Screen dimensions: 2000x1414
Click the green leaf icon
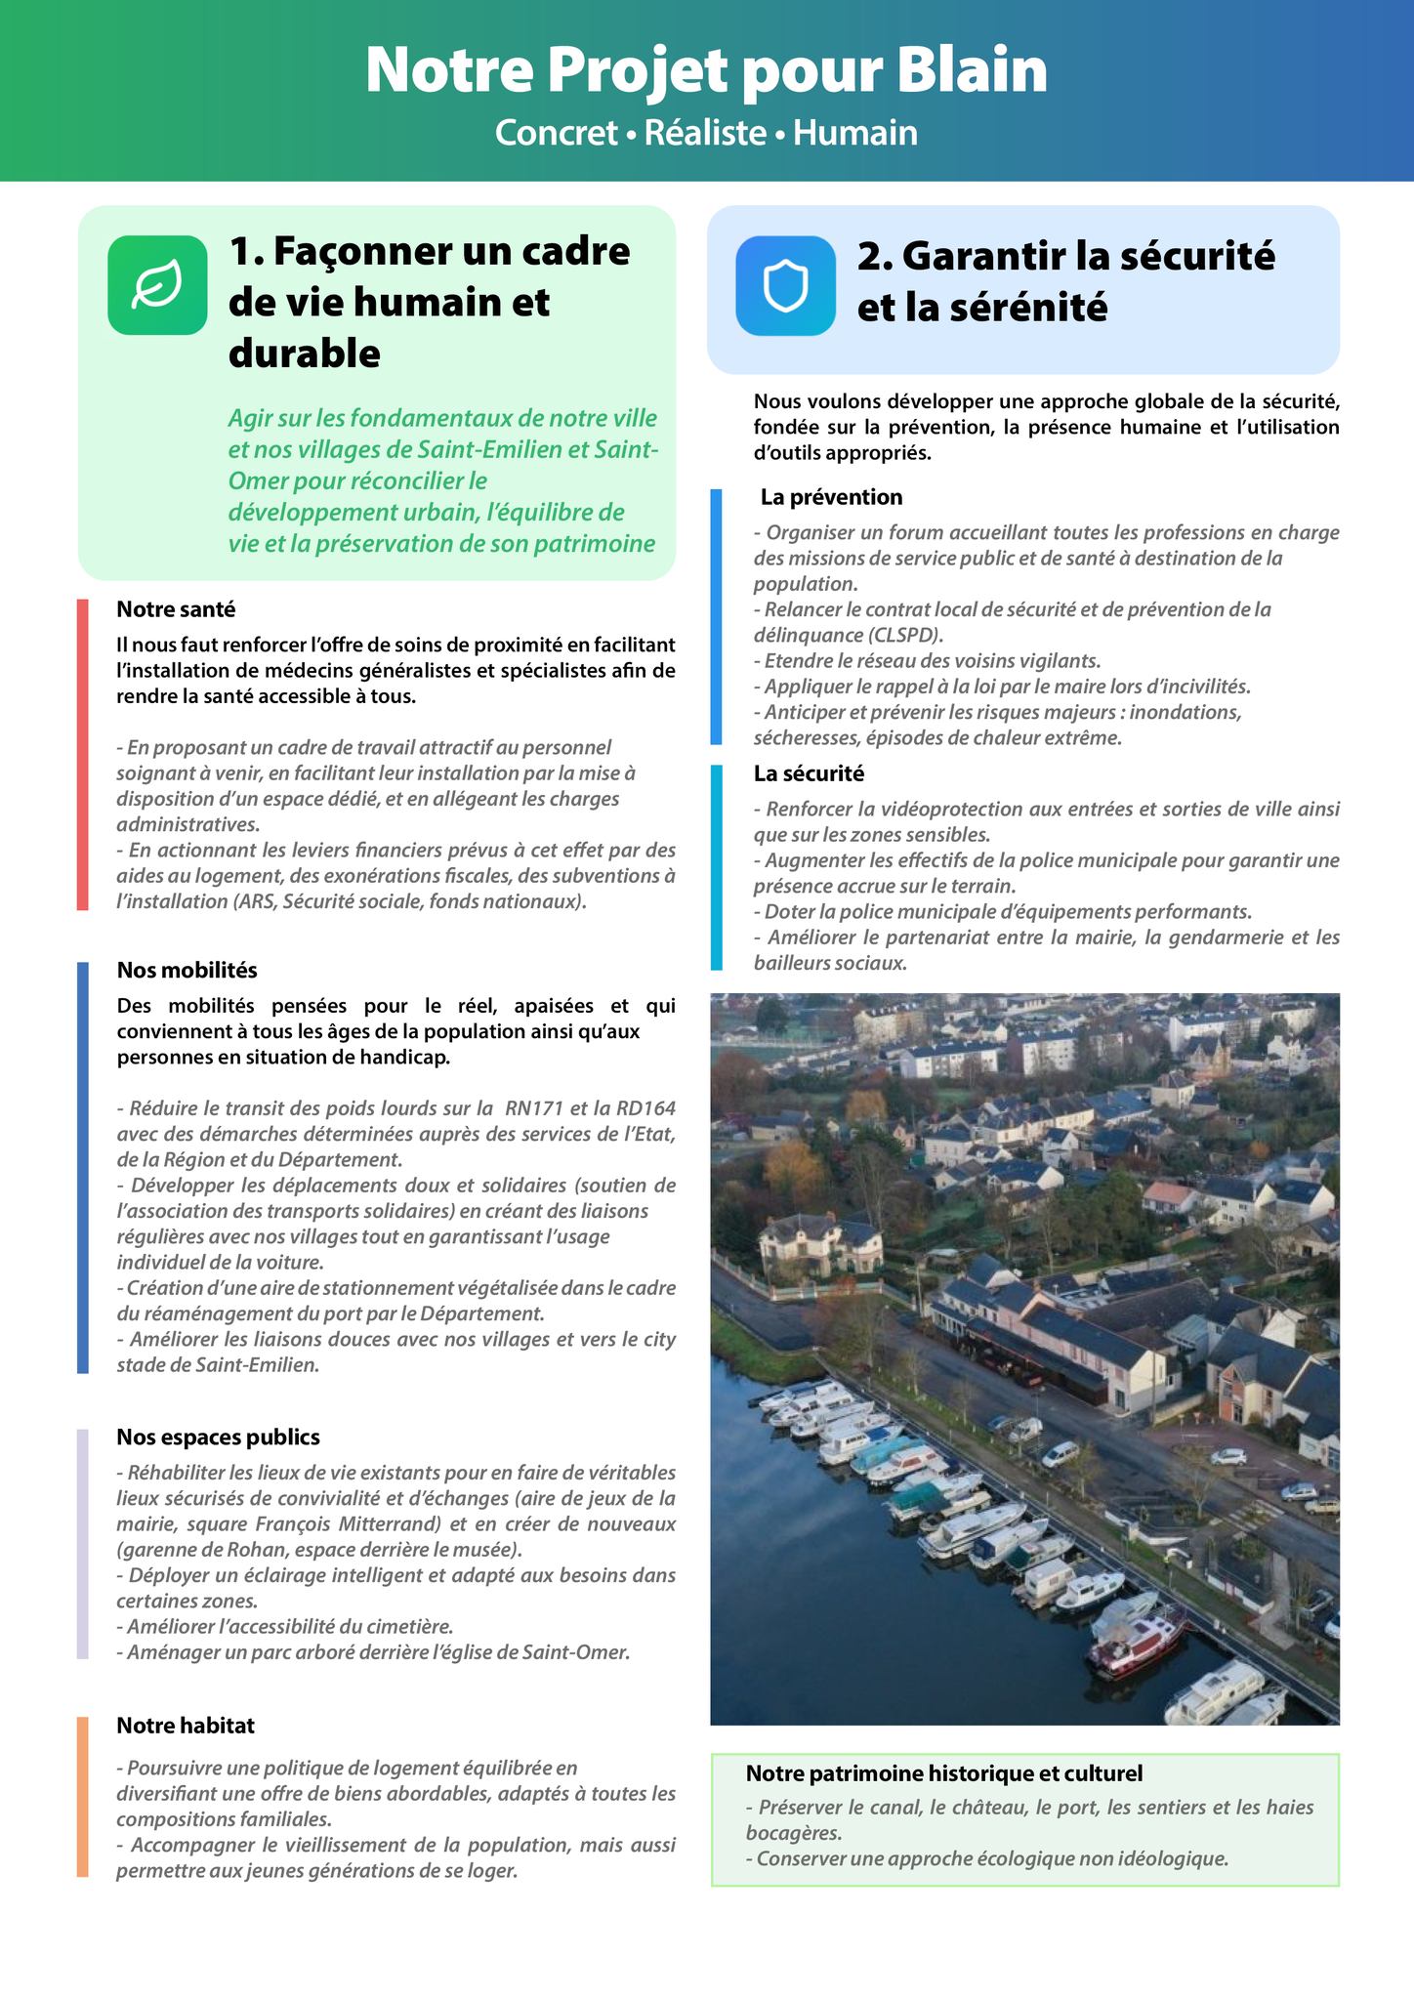[x=157, y=284]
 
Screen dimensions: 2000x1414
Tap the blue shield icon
[x=785, y=285]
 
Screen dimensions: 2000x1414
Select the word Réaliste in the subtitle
[x=705, y=133]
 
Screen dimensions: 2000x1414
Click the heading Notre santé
[x=176, y=609]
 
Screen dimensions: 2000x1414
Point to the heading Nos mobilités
[x=187, y=970]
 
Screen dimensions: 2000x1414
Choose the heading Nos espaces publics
[x=218, y=1437]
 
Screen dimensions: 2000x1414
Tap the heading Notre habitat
[x=185, y=1725]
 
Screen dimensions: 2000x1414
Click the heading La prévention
[x=831, y=497]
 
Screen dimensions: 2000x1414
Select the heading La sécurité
[x=809, y=773]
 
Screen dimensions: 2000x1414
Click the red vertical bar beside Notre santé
[x=83, y=754]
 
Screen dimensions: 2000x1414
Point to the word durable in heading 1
[x=304, y=353]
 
